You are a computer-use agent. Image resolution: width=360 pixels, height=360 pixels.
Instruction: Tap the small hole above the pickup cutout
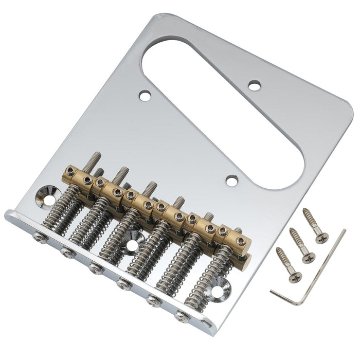255,85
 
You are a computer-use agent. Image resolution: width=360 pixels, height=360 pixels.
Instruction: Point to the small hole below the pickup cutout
232,181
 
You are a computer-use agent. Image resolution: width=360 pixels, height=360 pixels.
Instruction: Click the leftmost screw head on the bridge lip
39,237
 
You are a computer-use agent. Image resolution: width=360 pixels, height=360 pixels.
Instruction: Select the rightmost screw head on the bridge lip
181,316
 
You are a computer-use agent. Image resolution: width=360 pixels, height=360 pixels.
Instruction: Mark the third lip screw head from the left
95,268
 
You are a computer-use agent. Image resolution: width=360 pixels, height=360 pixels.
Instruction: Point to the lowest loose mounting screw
288,265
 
